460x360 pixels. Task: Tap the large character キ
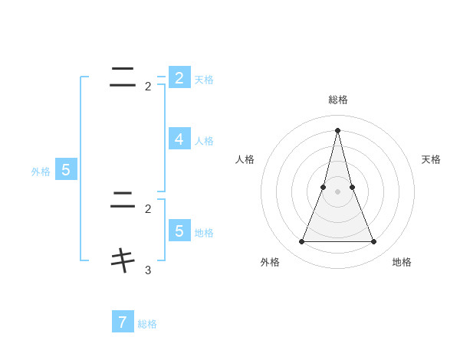point(123,260)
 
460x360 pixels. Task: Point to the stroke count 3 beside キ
point(148,270)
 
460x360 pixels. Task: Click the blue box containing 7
point(123,322)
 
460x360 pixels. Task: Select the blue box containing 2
point(179,77)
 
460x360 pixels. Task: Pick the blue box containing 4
point(179,139)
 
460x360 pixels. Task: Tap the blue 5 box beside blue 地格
point(179,231)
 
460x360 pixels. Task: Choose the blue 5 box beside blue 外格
point(66,170)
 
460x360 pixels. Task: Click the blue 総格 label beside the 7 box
point(147,324)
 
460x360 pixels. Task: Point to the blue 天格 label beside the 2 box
point(204,80)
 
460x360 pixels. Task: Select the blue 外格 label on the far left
point(41,172)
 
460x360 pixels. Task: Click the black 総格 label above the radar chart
point(338,100)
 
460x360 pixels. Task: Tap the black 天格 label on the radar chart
point(431,159)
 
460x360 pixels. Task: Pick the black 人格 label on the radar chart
point(245,159)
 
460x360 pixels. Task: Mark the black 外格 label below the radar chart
point(270,262)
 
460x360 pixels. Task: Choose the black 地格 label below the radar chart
point(402,262)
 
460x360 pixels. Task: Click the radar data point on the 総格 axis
point(338,129)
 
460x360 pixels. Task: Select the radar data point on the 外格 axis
point(301,242)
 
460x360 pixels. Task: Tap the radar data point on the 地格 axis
point(374,242)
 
